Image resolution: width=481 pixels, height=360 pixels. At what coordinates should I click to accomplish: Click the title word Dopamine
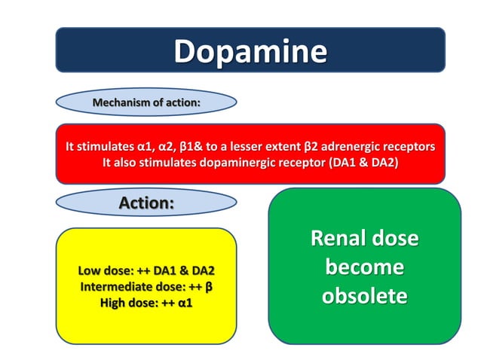coord(250,51)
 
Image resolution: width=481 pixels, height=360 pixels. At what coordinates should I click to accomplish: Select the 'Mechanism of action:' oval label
coord(146,102)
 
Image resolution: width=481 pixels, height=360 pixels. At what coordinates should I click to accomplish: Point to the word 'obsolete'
coord(365,295)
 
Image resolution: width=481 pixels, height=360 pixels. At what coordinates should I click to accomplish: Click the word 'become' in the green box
coord(365,267)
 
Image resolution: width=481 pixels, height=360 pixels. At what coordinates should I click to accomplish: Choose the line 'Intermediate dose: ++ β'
coord(146,287)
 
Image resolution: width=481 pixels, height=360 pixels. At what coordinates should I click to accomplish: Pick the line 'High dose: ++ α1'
coord(146,303)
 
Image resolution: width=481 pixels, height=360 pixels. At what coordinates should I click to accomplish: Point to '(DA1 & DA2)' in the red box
coord(363,163)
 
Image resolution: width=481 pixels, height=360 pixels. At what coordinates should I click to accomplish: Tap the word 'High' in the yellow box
coord(115,303)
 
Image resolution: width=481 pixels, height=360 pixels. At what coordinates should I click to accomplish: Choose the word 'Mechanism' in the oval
coord(120,102)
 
